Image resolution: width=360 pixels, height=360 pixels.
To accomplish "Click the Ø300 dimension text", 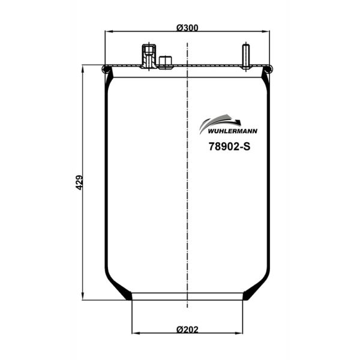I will [188, 27].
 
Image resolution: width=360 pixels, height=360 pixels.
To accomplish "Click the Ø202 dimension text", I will [188, 329].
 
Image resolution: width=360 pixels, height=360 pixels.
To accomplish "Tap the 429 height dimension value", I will [79, 183].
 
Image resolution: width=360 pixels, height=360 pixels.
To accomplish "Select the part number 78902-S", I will [229, 145].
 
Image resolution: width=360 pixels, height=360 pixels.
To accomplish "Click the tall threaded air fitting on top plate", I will [148, 56].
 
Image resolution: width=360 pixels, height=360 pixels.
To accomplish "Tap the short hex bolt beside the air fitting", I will [165, 61].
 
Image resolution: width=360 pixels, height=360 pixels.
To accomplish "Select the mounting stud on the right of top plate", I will [245, 57].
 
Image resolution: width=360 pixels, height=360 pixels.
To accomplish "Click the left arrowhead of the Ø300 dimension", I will [108, 32].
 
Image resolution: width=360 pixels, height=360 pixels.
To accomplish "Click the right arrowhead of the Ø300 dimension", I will [268, 32].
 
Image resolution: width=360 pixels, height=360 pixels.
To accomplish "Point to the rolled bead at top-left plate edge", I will [107, 70].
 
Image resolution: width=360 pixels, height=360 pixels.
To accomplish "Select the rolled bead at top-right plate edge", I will [268, 70].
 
